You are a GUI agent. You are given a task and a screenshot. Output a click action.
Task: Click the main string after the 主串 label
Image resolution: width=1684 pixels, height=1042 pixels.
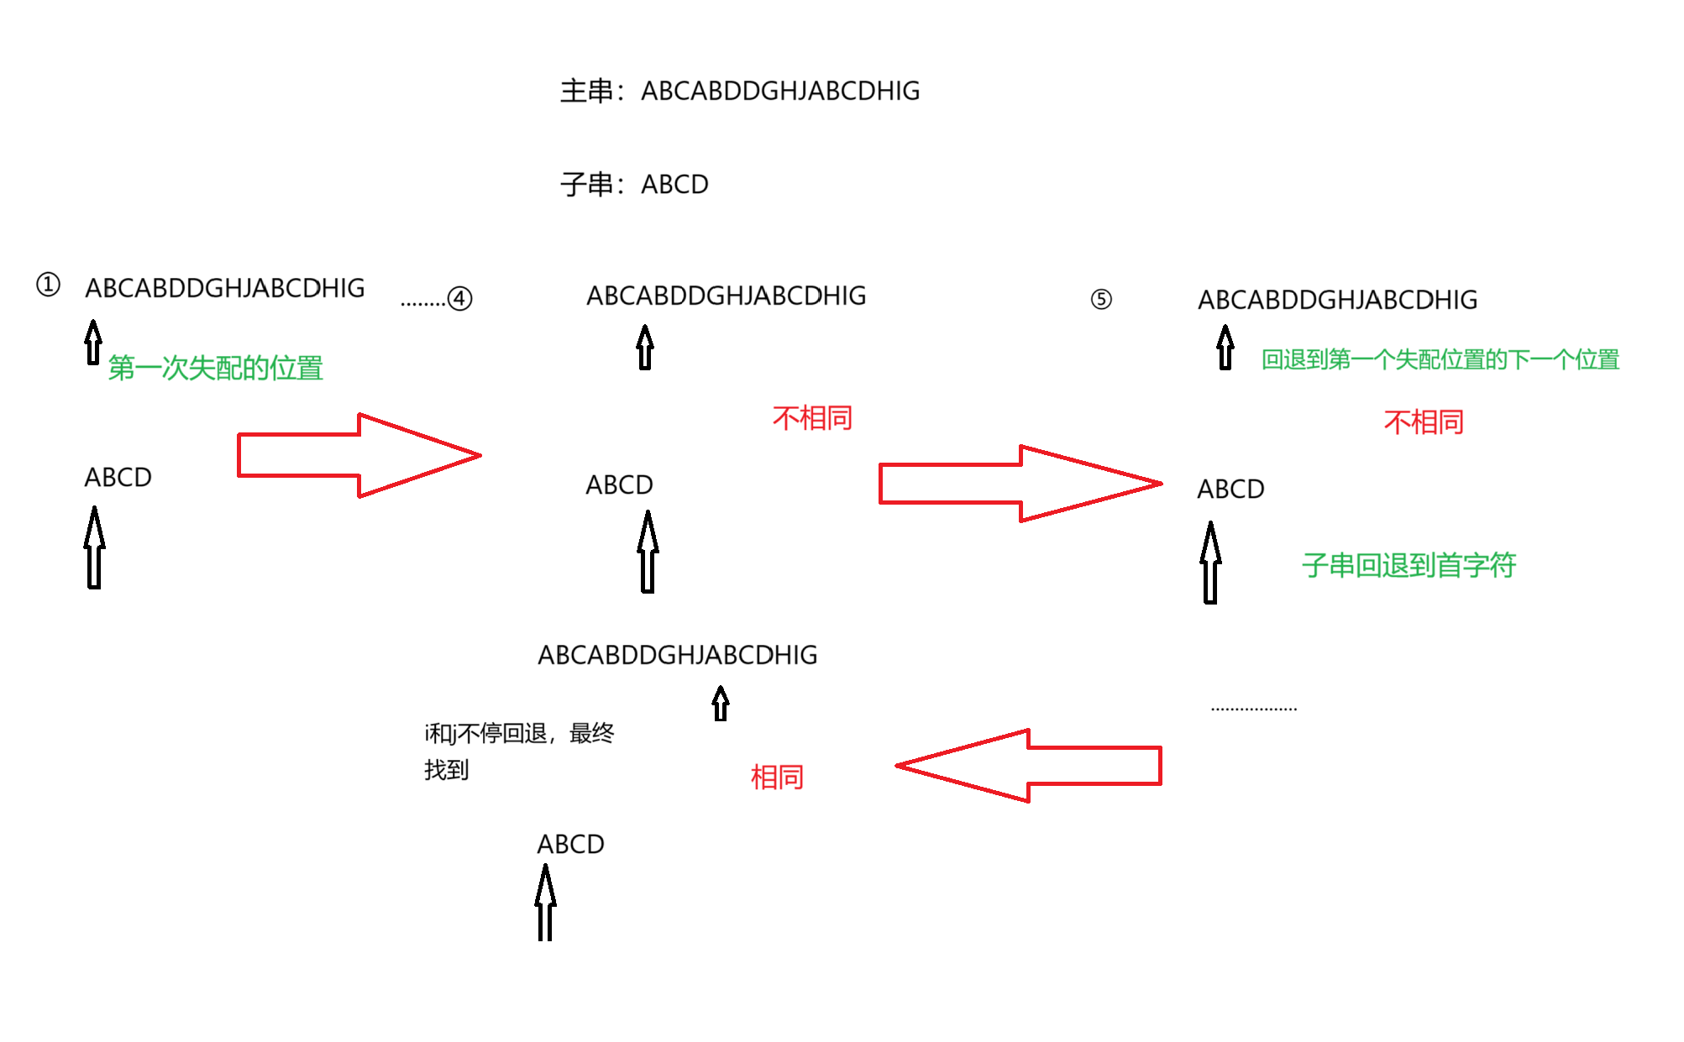(780, 91)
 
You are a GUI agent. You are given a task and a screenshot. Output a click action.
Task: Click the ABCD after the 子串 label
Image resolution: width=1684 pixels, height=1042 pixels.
(674, 184)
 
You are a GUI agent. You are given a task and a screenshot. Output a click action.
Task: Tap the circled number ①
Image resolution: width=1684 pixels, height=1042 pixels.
(49, 285)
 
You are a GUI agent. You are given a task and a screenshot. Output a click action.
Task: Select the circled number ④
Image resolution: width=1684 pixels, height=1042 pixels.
(459, 298)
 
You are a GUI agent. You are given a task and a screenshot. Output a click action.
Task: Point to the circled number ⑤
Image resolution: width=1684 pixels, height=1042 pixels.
(1100, 299)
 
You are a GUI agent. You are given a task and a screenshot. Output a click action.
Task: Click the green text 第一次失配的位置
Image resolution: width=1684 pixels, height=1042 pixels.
(216, 368)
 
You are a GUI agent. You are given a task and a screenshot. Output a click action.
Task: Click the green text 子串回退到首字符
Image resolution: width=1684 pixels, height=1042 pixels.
(1409, 565)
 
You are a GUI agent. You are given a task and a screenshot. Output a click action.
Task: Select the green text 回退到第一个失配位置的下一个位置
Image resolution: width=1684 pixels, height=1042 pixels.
(1440, 359)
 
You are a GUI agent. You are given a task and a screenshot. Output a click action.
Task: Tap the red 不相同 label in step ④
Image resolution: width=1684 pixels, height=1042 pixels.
(812, 417)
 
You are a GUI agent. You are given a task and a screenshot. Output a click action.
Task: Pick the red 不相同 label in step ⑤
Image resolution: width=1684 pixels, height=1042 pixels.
(1424, 422)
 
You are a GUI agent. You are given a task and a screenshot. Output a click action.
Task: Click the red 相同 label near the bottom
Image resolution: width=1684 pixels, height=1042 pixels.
(777, 777)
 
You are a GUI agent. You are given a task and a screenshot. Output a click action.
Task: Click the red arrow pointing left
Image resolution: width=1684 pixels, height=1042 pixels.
(1029, 766)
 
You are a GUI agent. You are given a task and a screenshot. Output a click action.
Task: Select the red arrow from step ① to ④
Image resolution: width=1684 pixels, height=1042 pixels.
(359, 455)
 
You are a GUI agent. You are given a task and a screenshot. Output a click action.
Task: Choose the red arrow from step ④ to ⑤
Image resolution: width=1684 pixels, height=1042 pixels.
(1020, 484)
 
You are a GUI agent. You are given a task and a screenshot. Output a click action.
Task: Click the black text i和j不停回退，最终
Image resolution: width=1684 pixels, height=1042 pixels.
(519, 733)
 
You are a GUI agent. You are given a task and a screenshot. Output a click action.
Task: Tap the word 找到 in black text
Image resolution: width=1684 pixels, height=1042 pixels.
(446, 769)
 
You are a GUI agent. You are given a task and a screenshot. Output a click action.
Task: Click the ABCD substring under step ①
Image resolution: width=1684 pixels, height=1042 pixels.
(118, 477)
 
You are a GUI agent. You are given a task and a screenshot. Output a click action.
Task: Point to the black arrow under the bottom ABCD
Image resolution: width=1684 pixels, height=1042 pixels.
(545, 903)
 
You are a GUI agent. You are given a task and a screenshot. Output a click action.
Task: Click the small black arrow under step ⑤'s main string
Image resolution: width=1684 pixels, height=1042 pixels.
(1225, 348)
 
